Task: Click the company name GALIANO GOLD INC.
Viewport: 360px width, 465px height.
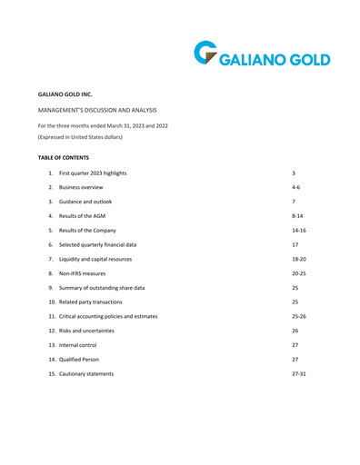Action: [65, 94]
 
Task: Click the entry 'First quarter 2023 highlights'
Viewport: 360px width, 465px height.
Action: [93, 173]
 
